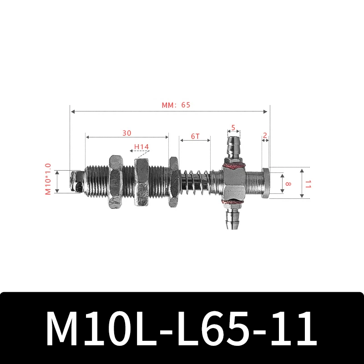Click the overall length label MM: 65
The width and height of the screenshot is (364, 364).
176,105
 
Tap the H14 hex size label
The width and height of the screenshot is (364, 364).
142,147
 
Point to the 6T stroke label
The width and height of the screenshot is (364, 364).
195,136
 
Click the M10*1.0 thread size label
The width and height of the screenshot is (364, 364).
48,180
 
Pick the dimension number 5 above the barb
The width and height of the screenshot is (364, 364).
233,128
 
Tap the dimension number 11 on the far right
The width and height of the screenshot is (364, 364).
308,183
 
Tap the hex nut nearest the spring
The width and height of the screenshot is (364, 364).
173,182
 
